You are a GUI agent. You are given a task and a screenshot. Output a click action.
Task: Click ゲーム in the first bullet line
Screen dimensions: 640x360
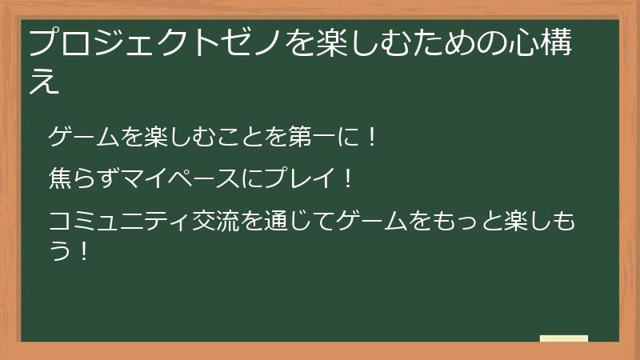click(84, 136)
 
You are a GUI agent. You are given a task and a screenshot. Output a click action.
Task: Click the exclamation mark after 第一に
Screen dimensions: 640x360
click(372, 136)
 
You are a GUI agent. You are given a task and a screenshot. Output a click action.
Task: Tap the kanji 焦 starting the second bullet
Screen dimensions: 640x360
click(61, 178)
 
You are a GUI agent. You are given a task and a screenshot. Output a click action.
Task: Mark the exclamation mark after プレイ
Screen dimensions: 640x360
click(348, 178)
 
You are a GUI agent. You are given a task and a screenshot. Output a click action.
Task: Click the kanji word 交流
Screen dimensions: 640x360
click(215, 221)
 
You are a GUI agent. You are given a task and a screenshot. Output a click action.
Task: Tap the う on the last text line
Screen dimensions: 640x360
click(60, 251)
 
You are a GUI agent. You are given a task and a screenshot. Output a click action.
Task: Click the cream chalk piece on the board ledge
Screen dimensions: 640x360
click(564, 338)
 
